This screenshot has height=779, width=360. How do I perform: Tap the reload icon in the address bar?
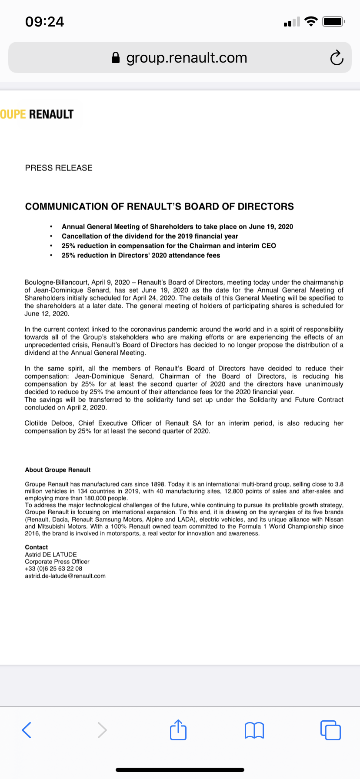coord(337,58)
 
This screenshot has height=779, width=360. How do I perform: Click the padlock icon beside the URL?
coord(116,58)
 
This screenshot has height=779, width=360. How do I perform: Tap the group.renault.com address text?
coord(187,58)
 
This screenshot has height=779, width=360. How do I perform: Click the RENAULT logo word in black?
coord(51,114)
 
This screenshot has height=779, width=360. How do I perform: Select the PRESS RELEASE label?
coord(59,168)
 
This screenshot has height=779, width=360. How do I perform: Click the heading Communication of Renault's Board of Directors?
coord(160,206)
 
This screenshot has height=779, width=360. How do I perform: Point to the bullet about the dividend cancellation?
coord(150,236)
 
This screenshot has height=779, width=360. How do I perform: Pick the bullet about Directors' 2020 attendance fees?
coord(141,255)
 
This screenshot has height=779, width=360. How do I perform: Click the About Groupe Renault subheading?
coord(58,470)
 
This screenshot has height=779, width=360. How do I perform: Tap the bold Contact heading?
coord(37,547)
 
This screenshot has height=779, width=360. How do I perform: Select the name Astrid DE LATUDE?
coord(51,554)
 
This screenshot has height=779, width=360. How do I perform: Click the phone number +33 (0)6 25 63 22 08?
coord(53,569)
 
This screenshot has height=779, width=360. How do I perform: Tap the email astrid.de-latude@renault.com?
coord(65,576)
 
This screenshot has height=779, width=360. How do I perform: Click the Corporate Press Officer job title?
coord(57,562)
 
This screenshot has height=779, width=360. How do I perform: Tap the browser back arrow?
coord(27,730)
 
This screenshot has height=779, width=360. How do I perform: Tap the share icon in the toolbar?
coord(178,730)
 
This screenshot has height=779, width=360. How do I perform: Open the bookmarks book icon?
coord(254,730)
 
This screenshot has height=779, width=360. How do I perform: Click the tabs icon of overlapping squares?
coord(330,730)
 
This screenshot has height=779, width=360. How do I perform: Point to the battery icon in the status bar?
coord(333,21)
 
